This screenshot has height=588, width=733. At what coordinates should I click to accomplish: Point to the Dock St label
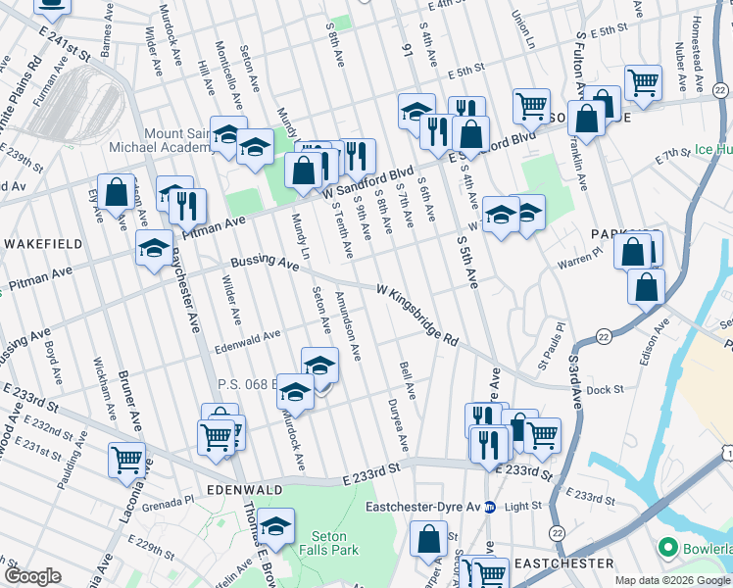(606, 389)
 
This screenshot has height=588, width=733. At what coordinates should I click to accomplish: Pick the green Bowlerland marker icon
(670, 546)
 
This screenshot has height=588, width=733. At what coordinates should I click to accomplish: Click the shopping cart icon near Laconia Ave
(126, 459)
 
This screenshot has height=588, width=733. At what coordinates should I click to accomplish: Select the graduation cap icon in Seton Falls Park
(276, 525)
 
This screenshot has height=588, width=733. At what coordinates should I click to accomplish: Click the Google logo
(32, 576)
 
